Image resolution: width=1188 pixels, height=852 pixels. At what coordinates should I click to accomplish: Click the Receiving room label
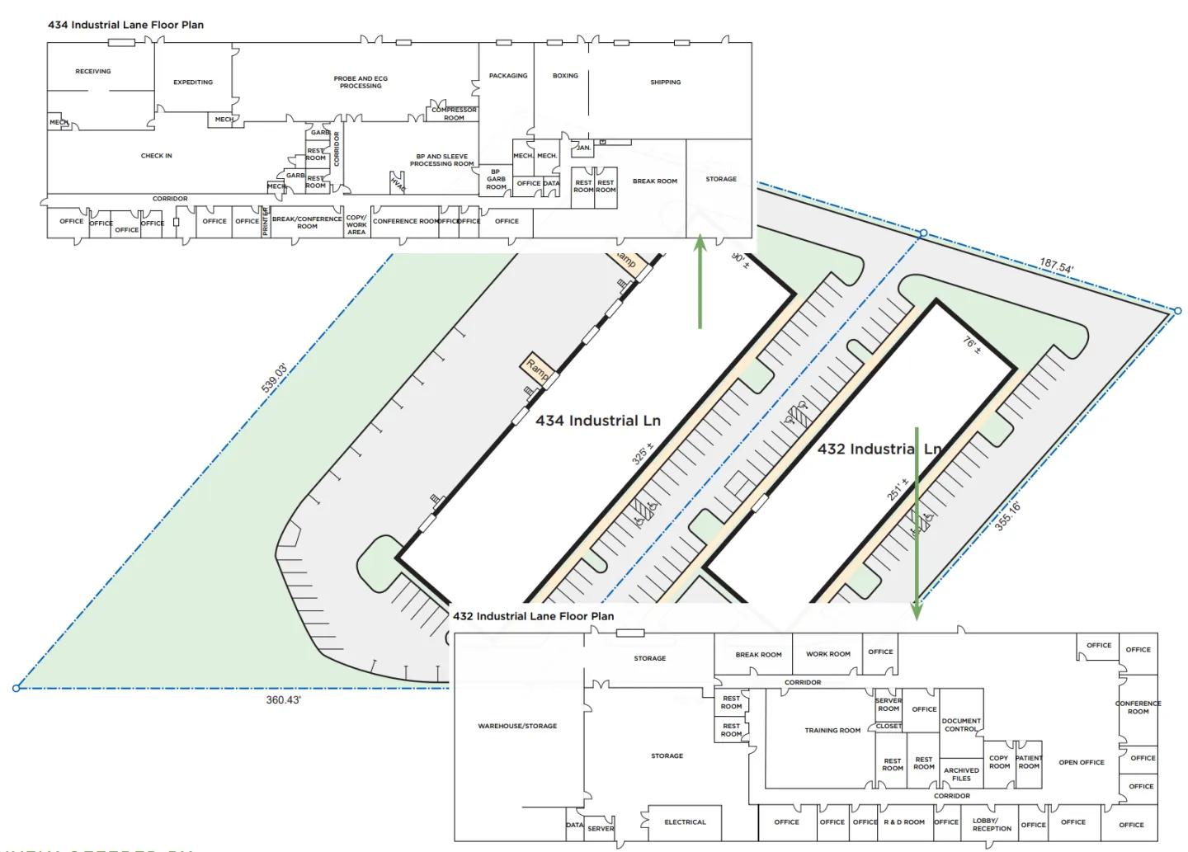tap(92, 72)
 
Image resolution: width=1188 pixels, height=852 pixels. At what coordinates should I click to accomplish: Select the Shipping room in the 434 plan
tap(665, 82)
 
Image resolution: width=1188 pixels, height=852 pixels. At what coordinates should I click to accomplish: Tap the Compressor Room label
tap(454, 114)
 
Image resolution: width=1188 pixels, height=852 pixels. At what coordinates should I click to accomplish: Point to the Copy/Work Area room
tap(356, 225)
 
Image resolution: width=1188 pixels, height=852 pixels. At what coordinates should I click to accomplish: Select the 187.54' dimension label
tap(1056, 267)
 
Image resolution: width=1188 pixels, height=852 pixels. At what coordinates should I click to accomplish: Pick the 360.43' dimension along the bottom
tap(283, 699)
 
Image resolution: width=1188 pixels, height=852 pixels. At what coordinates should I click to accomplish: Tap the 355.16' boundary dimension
tap(1007, 516)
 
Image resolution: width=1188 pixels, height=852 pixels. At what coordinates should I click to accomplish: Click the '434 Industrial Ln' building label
tap(598, 421)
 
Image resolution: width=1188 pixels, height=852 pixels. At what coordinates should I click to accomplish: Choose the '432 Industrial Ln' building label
tap(879, 449)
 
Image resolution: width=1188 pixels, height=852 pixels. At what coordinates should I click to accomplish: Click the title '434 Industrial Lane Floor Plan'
tap(125, 25)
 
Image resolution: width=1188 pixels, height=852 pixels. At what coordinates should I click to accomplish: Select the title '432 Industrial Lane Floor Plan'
tap(533, 616)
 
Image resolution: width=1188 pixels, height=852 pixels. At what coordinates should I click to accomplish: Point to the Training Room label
tap(832, 730)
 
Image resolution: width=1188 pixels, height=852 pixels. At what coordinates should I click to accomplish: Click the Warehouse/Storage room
tap(517, 727)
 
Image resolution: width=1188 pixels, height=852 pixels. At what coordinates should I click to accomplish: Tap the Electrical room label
tap(685, 822)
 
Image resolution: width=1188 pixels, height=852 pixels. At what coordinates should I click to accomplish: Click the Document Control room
tap(961, 725)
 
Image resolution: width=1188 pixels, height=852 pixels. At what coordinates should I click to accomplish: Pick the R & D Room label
tap(904, 822)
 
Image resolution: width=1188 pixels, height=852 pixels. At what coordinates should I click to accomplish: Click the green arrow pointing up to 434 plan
tap(700, 280)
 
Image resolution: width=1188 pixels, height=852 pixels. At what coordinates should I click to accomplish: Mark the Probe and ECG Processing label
tap(361, 82)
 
